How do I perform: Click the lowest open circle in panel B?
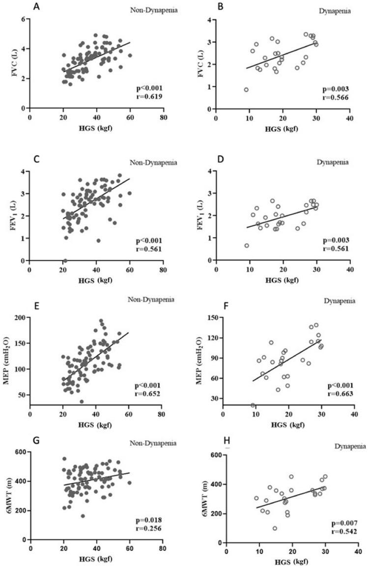click(246, 89)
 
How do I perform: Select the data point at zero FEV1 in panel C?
click(65, 260)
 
